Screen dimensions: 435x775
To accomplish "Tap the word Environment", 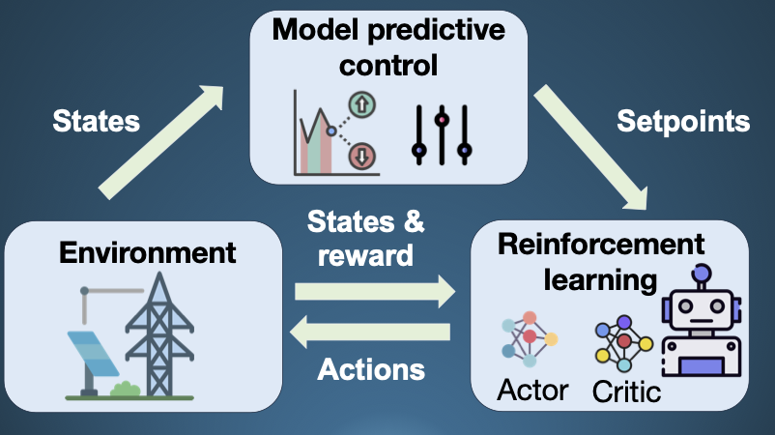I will (x=147, y=253).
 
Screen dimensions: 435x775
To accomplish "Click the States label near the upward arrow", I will (x=96, y=121).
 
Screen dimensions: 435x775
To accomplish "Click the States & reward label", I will (x=365, y=239).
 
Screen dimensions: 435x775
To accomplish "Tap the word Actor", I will (x=532, y=390).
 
